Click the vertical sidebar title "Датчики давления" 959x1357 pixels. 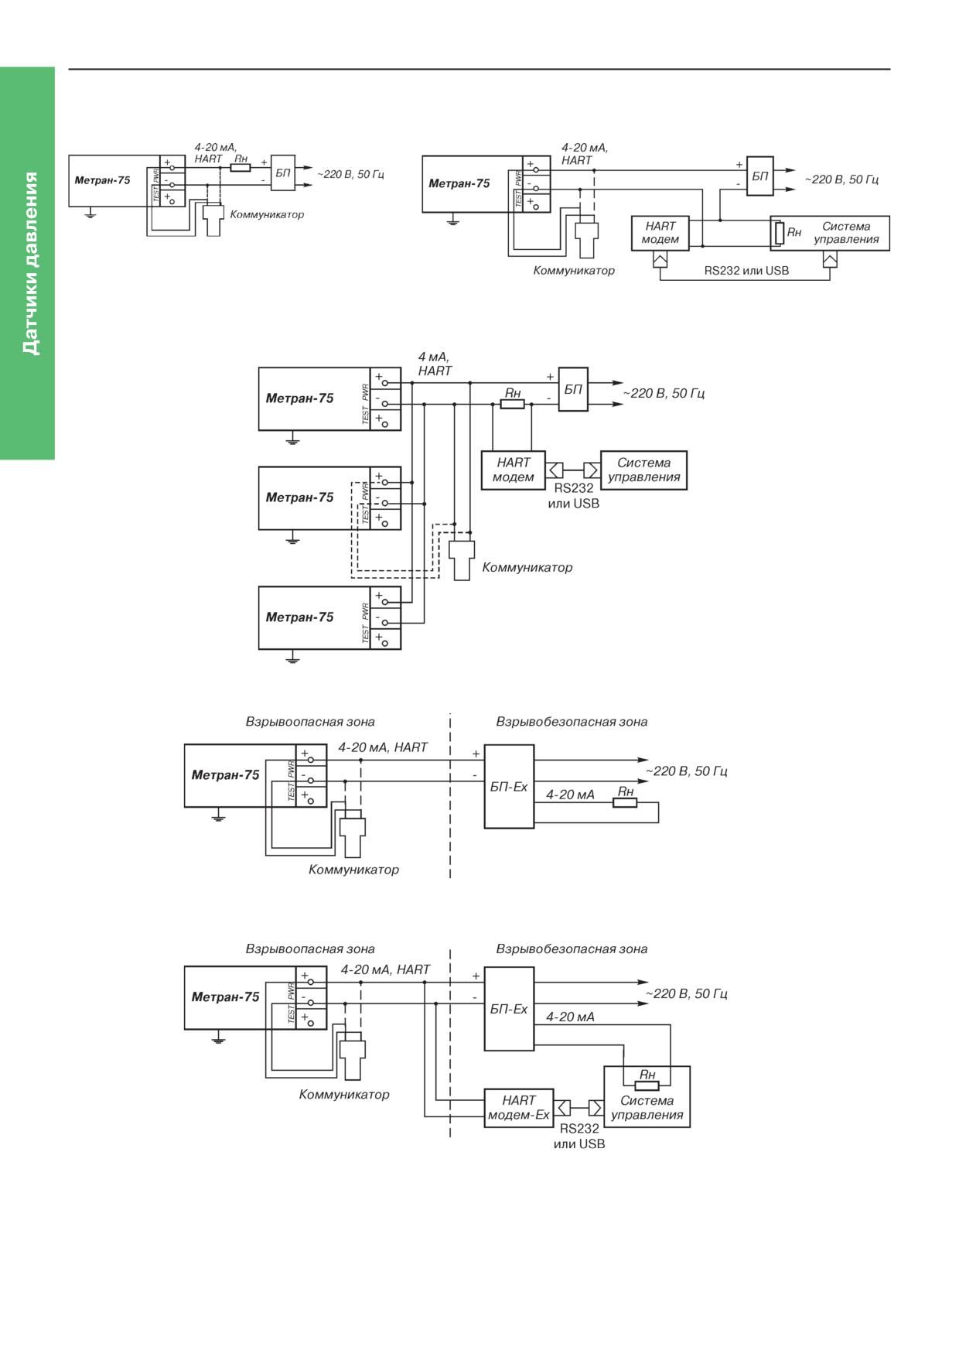coord(29,263)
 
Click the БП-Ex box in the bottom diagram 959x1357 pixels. coord(509,1009)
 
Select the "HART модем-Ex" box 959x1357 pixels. coord(519,1108)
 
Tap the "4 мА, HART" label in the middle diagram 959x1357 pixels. coord(435,364)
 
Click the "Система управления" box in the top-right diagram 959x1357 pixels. coord(830,233)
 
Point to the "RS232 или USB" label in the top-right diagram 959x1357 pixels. coord(746,271)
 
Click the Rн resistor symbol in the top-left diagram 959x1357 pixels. coord(241,167)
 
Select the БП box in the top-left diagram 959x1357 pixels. coord(283,173)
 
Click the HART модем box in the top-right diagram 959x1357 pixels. coord(660,233)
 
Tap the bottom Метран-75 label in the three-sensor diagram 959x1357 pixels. coord(299,617)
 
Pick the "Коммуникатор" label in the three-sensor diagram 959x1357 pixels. coord(527,567)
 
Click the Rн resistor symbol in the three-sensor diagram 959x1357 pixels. coord(512,404)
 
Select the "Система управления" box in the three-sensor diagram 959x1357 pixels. coord(643,470)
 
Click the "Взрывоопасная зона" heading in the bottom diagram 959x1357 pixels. coord(310,949)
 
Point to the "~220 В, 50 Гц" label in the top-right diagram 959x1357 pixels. coord(841,179)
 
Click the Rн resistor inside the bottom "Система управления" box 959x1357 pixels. coord(647,1085)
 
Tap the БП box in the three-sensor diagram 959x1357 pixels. coord(573,389)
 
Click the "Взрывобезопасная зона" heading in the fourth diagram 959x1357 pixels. coord(572,722)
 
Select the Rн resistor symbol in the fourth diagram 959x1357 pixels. coord(625,802)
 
